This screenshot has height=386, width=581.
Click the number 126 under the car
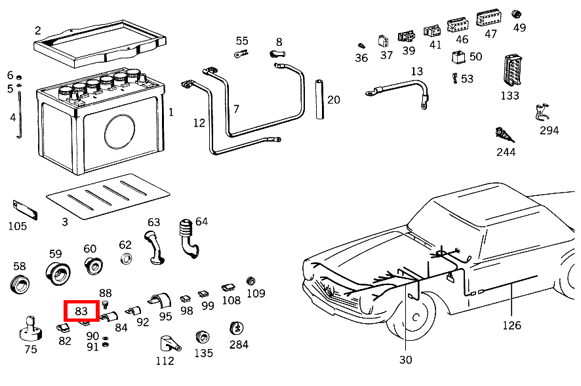pyautogui.click(x=512, y=326)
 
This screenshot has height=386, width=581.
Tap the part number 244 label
pyautogui.click(x=506, y=152)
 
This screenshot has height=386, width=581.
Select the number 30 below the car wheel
pyautogui.click(x=406, y=359)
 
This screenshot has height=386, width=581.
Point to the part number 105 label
pyautogui.click(x=17, y=226)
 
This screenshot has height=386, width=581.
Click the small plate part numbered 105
pyautogui.click(x=25, y=210)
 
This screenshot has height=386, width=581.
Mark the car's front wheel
pyautogui.click(x=411, y=318)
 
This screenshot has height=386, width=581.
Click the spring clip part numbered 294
pyautogui.click(x=542, y=113)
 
